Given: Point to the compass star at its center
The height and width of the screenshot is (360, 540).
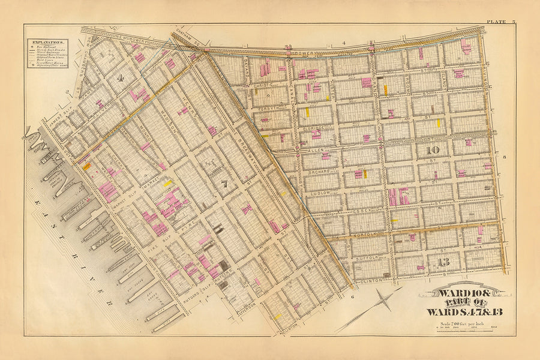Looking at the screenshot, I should (x=376, y=302).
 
